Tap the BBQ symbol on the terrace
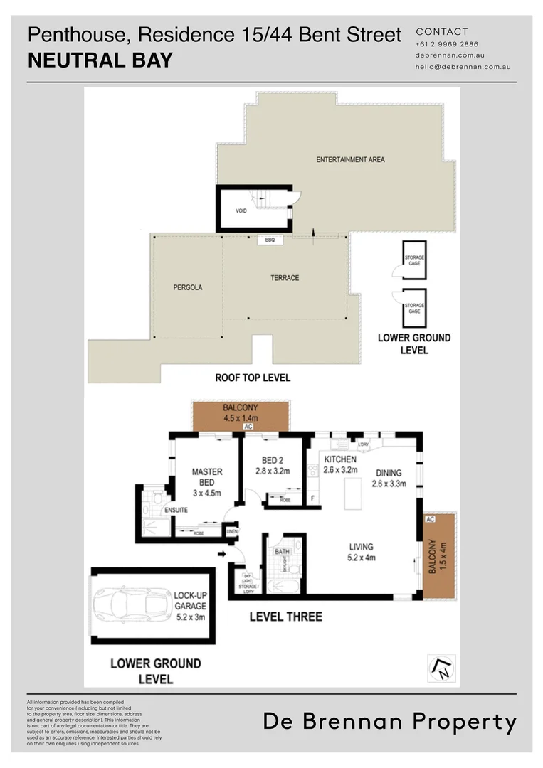coord(270,240)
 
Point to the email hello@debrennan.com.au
coord(463,66)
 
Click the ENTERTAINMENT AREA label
coord(350,160)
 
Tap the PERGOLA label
coord(188,288)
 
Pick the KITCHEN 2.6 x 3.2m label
coord(340,465)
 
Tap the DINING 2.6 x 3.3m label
coord(389,478)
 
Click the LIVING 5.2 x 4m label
coord(362,552)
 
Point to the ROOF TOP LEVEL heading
coord(253,378)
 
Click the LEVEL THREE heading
coord(285,617)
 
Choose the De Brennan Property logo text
coord(390,722)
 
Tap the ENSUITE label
coord(176,510)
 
